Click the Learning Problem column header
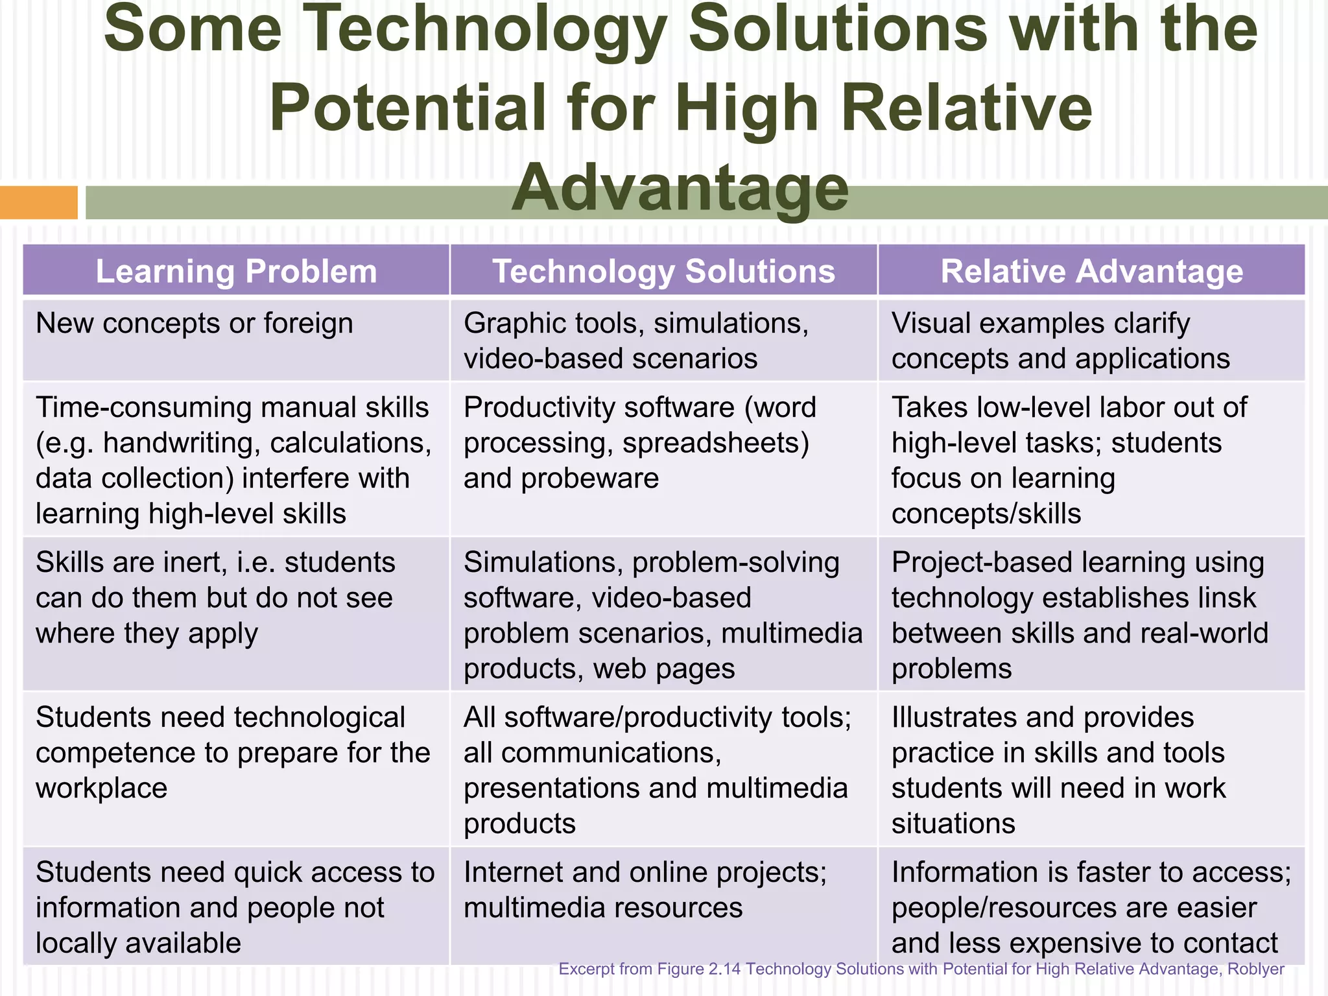point(236,271)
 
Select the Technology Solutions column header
point(663,271)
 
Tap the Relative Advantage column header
point(1091,271)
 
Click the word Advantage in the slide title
point(680,188)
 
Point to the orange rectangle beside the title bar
point(38,202)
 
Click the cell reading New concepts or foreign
point(194,324)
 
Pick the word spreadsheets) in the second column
point(715,444)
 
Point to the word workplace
point(101,788)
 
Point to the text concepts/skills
point(986,514)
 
